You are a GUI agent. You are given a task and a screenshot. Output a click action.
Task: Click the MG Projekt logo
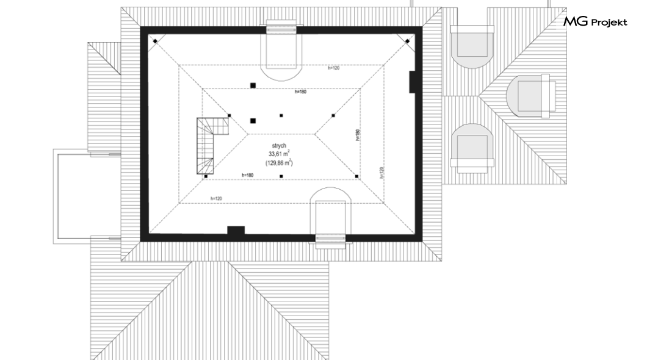(x=595, y=22)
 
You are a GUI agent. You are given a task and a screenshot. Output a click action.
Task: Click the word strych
(x=279, y=146)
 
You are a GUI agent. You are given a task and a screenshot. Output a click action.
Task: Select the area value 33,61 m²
(x=279, y=154)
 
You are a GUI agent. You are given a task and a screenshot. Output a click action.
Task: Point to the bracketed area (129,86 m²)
(x=279, y=162)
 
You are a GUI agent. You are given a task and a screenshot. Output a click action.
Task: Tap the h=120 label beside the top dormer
(x=333, y=68)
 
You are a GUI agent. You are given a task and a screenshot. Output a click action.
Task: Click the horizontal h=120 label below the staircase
(x=216, y=199)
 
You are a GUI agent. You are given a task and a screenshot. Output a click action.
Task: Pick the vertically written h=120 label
(x=382, y=172)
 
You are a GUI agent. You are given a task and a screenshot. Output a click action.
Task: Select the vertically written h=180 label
(x=358, y=135)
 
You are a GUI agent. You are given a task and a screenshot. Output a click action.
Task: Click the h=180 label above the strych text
(x=300, y=92)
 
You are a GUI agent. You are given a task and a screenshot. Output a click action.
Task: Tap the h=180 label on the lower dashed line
(x=248, y=175)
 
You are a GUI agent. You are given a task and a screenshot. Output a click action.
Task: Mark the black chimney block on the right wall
(x=412, y=82)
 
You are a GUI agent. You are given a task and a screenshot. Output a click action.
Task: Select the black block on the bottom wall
(x=236, y=230)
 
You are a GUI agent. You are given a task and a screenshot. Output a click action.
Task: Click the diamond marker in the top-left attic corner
(x=155, y=41)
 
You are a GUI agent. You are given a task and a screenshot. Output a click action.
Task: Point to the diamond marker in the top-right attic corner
(x=407, y=41)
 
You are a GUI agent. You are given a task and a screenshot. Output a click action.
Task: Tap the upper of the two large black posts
(x=253, y=85)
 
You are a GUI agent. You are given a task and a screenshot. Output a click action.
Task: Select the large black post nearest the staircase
(x=253, y=121)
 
